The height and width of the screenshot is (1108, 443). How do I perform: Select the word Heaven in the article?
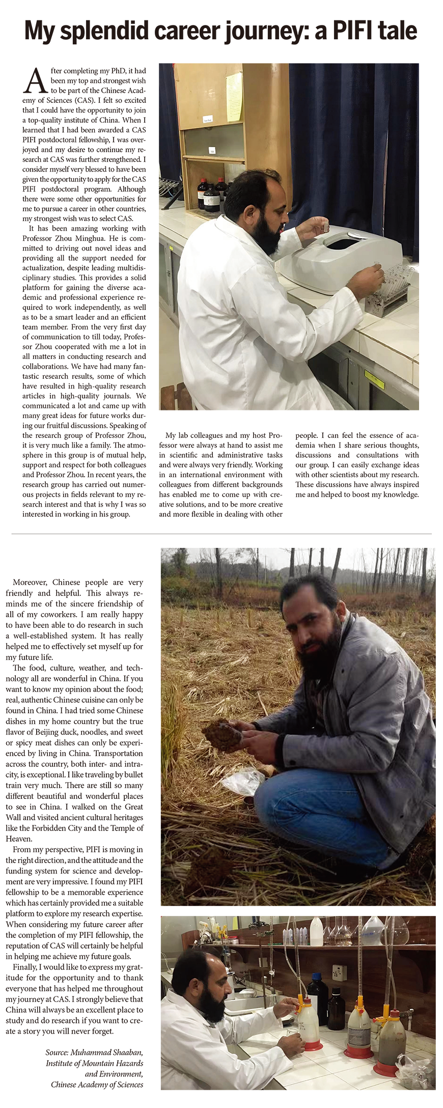pos(19,839)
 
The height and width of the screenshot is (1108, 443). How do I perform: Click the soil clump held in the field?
pos(222,733)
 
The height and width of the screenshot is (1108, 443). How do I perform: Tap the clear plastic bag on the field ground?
pos(243,782)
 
